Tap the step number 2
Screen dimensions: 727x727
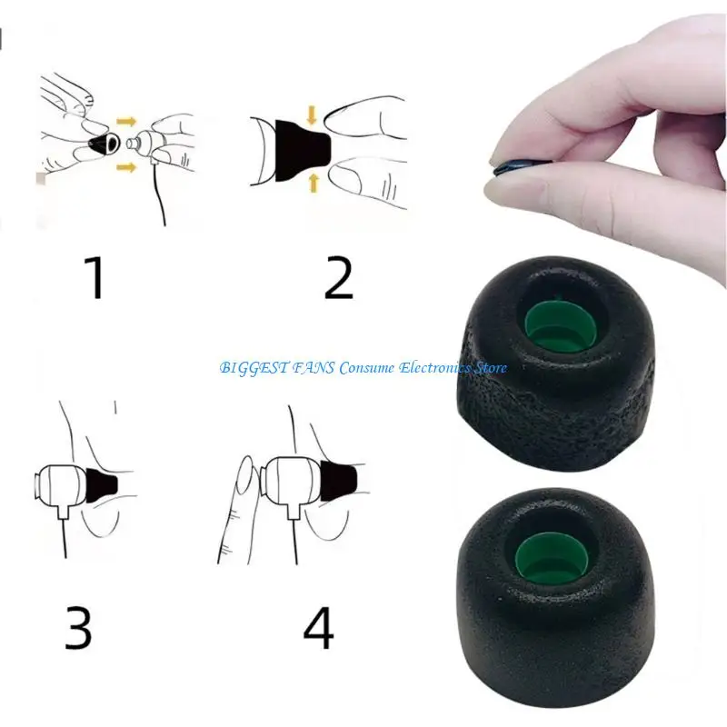click(x=338, y=279)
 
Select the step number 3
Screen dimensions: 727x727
click(x=78, y=628)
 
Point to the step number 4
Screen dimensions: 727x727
click(x=318, y=628)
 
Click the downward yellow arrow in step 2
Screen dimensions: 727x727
click(x=313, y=115)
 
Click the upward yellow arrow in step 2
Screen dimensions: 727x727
click(x=314, y=183)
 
